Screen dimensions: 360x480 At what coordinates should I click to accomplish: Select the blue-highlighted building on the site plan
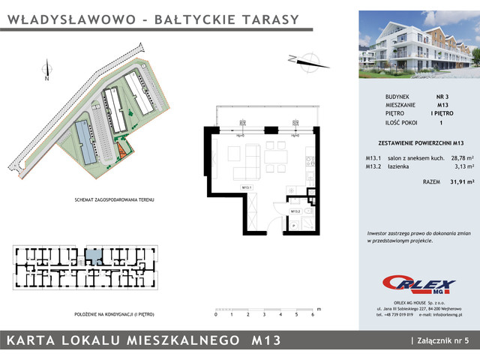(85, 143)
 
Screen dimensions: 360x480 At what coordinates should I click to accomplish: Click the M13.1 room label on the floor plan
(245, 187)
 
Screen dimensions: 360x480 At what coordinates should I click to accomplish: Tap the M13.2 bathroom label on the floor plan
(295, 211)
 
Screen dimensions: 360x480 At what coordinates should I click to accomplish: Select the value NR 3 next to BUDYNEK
(442, 97)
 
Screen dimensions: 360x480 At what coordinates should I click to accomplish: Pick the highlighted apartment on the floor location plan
(92, 256)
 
